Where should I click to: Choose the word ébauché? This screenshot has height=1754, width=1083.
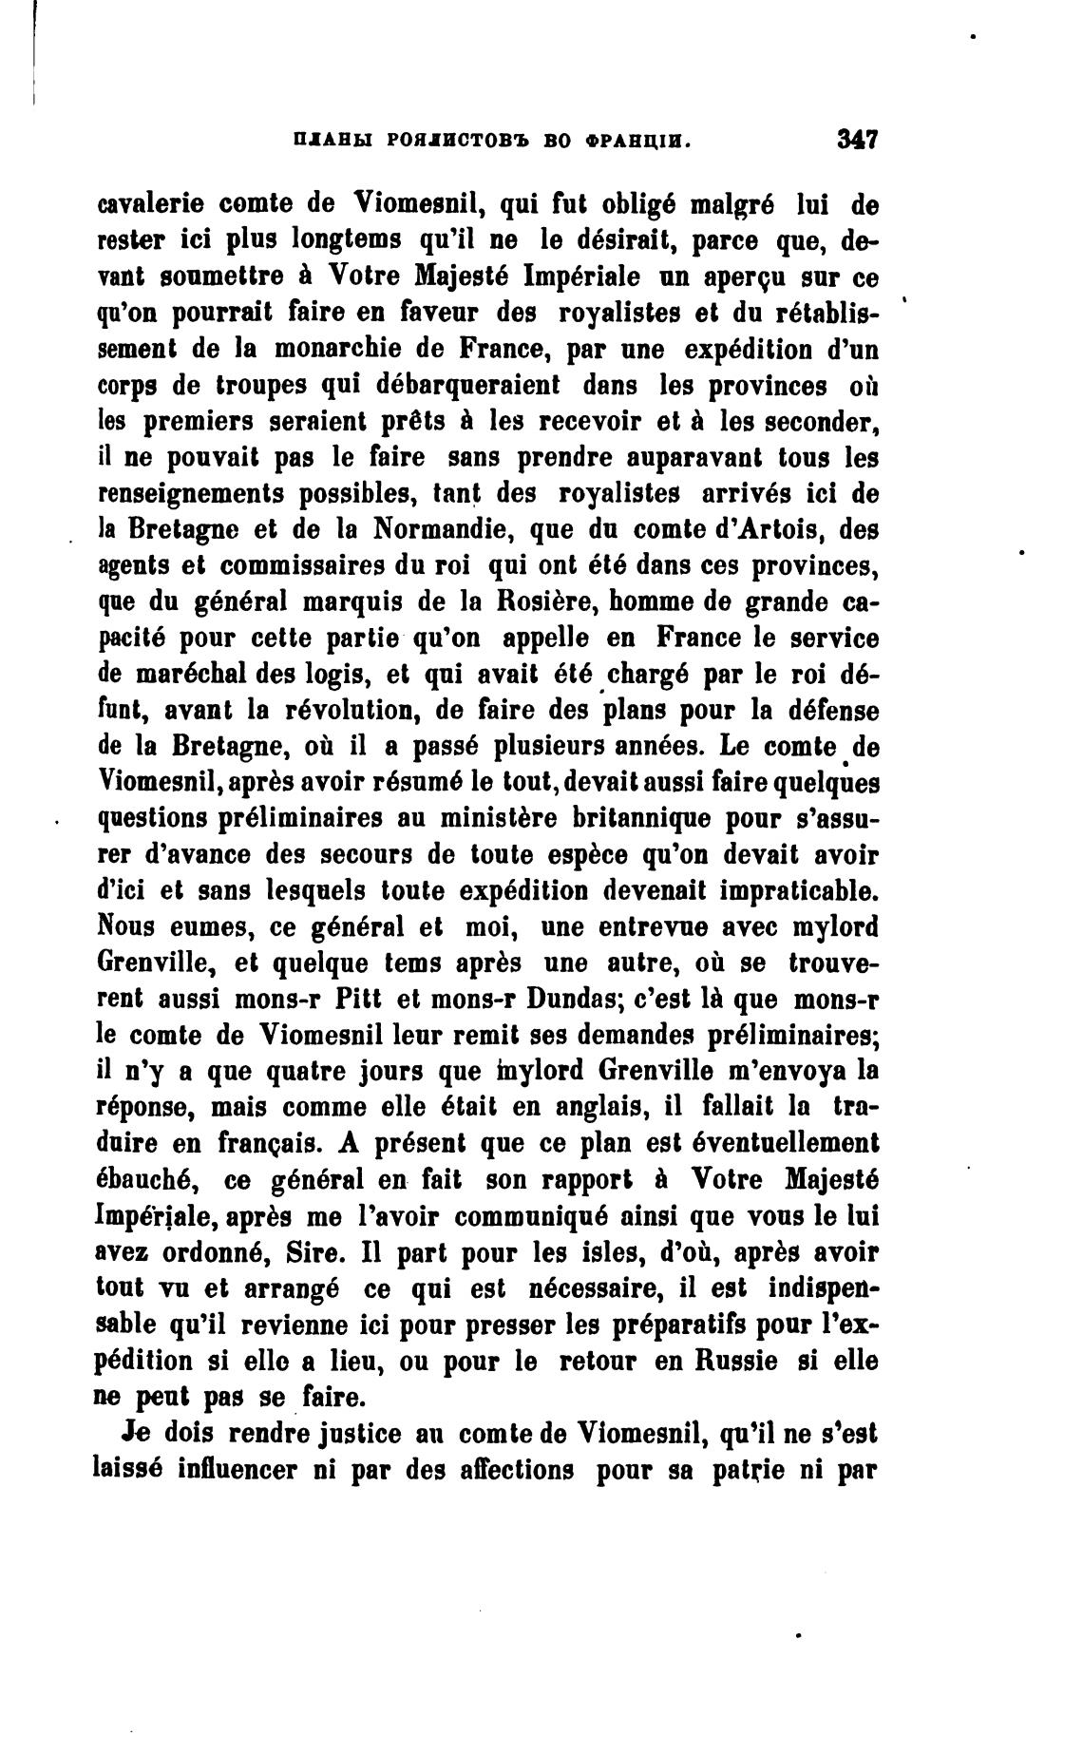point(146,1179)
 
